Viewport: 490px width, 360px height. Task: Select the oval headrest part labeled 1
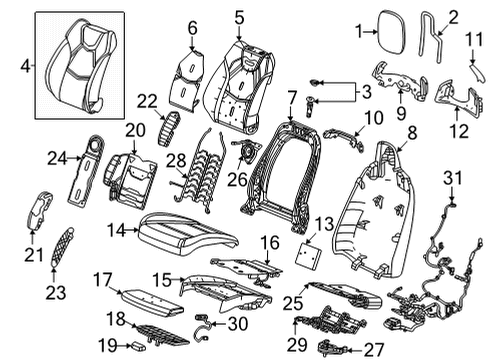(387, 31)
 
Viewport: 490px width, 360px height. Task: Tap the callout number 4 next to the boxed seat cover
(26, 69)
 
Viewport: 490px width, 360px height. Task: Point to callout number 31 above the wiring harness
(451, 179)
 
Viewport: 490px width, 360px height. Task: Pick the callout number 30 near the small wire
(236, 322)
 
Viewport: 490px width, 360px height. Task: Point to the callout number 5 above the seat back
(238, 16)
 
